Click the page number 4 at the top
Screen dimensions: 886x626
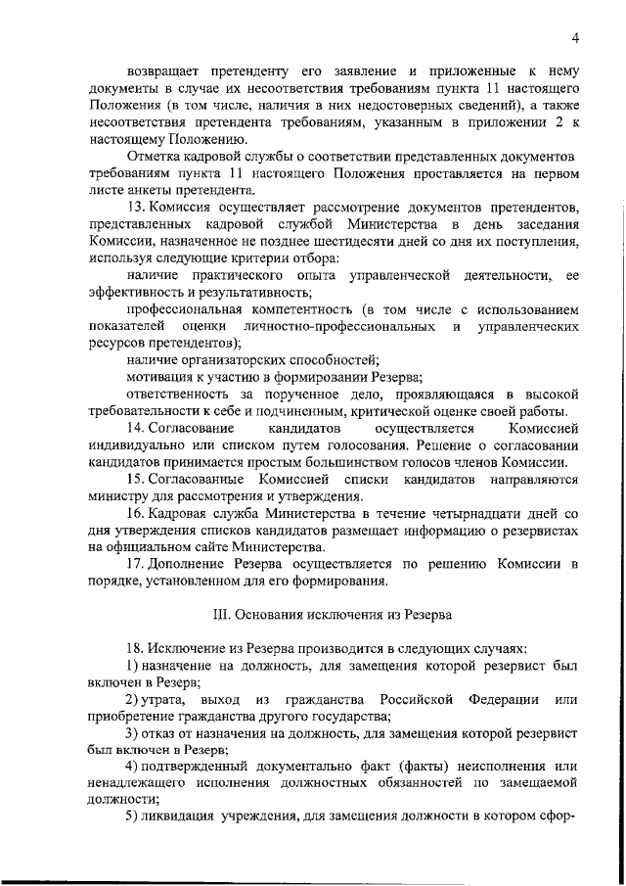(577, 38)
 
